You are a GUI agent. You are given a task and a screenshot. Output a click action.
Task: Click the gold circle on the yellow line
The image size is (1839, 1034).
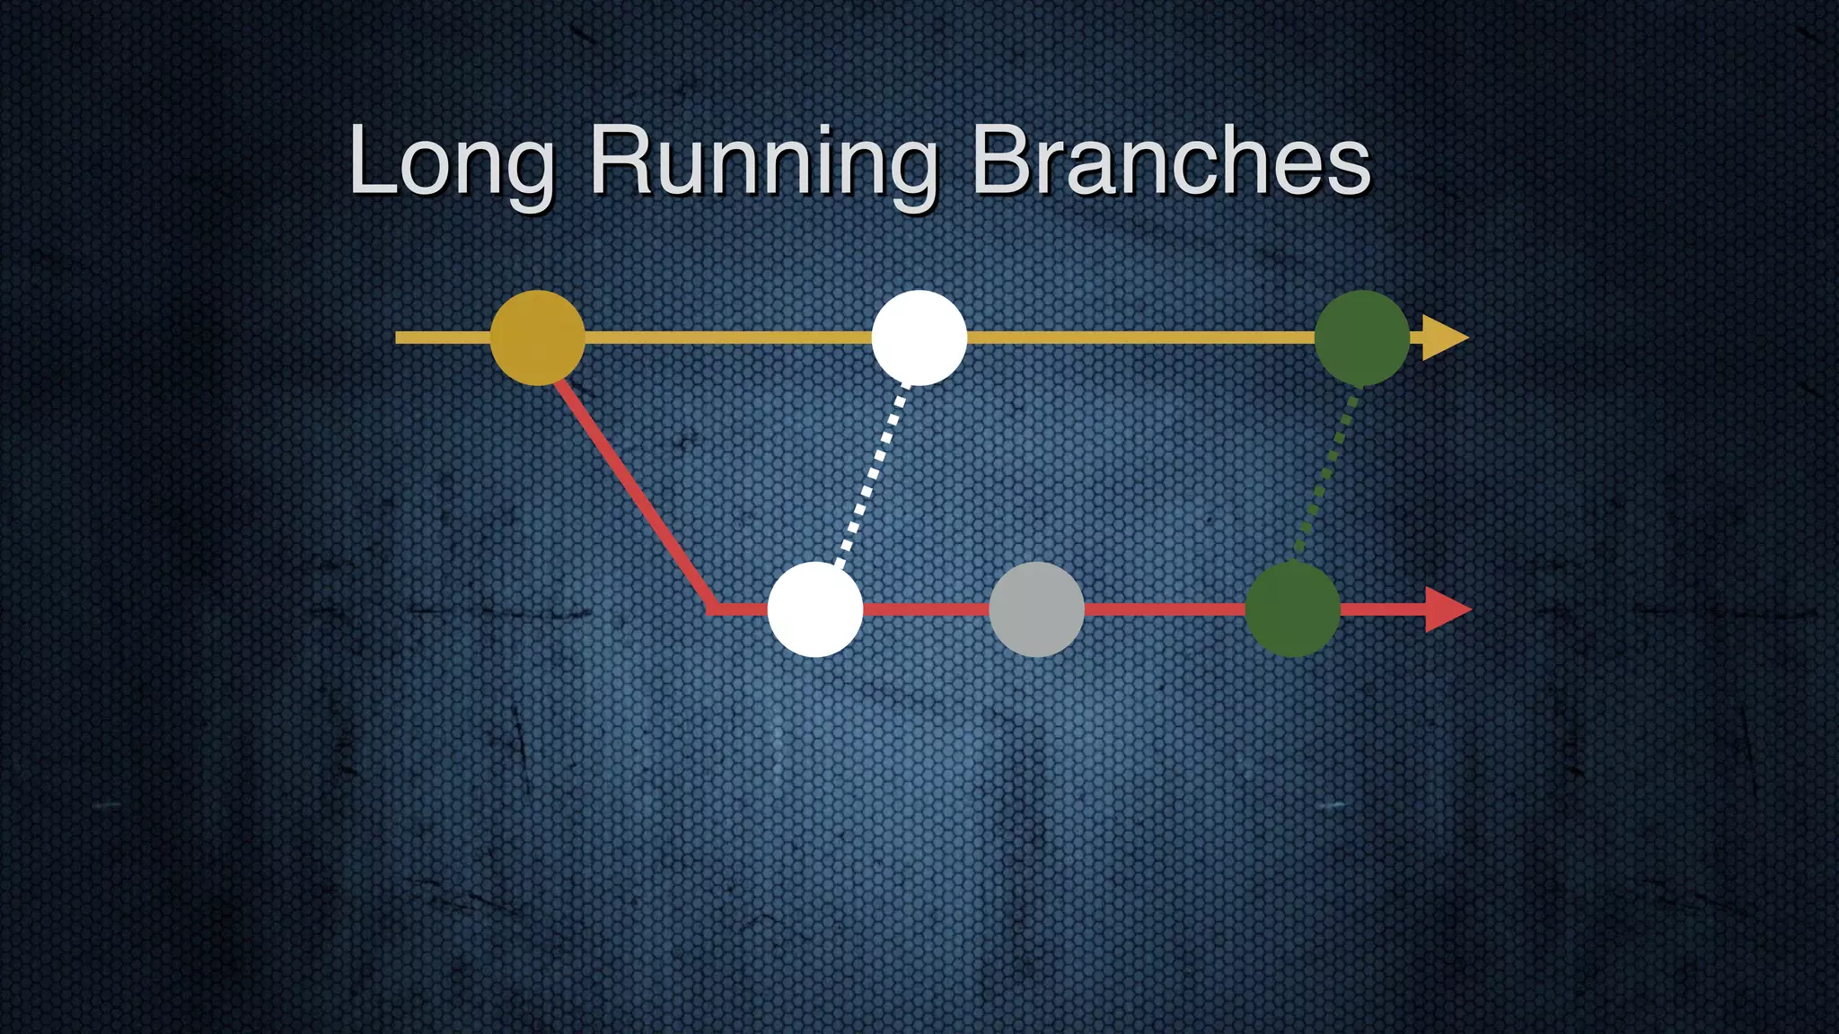pos(537,337)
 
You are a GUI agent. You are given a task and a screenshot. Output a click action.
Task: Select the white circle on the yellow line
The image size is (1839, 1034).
pos(919,337)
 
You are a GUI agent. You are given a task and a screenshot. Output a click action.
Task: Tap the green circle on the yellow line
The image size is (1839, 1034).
pos(1361,337)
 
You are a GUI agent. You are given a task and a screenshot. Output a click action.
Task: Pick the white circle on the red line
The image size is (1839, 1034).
pos(815,609)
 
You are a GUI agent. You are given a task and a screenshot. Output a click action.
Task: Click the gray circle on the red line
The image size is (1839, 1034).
pos(1036,609)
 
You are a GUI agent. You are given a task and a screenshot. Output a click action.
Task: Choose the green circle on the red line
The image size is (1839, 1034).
pos(1292,609)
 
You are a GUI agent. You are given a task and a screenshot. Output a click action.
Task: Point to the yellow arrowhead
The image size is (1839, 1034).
pos(1444,337)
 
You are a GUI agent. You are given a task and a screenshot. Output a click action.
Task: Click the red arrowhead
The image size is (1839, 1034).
pos(1447,609)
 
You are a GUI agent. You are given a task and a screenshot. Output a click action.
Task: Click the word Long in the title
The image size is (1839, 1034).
pos(452,162)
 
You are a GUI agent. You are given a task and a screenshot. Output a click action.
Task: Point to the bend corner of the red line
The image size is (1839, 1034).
pos(712,609)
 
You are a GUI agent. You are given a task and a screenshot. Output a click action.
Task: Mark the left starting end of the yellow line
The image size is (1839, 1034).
pos(400,337)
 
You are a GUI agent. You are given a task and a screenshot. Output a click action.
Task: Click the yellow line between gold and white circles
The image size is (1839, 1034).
pos(727,337)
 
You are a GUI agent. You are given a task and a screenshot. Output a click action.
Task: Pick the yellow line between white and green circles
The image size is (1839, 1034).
pos(1140,337)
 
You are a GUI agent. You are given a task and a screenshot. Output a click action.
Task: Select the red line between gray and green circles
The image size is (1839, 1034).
pos(1164,609)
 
